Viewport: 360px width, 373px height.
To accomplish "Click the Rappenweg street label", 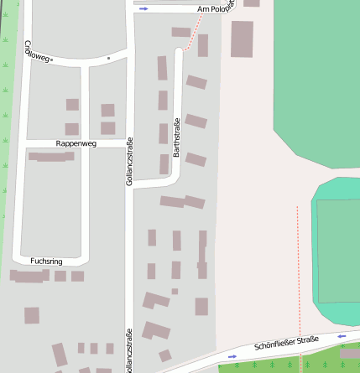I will click(x=76, y=144).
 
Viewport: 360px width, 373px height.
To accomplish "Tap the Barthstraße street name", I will click(x=177, y=138).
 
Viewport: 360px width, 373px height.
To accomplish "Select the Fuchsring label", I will click(x=46, y=262).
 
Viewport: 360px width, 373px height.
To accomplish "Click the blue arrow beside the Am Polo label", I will click(x=143, y=9).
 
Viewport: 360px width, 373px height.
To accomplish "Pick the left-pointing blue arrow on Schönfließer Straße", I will click(x=342, y=336).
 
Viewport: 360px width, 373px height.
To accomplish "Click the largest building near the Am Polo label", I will click(x=242, y=39).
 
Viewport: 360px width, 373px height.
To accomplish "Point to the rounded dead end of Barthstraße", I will click(x=178, y=53).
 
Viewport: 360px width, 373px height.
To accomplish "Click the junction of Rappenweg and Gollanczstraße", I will click(x=129, y=143).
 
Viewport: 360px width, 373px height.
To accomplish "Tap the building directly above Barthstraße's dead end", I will click(x=180, y=33).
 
